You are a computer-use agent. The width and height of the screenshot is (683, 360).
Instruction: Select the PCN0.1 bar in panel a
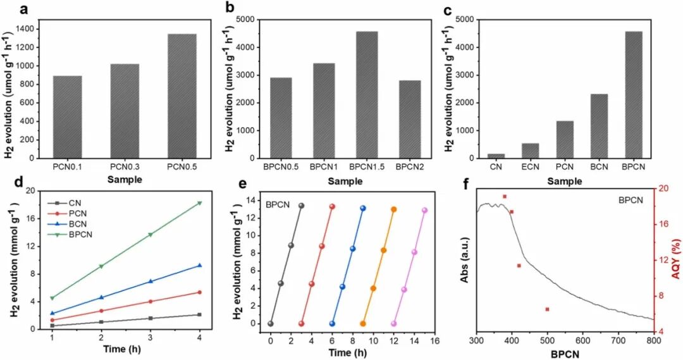coord(67,117)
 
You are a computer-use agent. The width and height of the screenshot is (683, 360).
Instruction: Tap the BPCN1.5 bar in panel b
coord(362,95)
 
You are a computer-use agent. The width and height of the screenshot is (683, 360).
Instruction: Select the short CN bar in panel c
coord(496,156)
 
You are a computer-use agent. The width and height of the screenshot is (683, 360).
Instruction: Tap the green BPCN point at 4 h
coord(200,203)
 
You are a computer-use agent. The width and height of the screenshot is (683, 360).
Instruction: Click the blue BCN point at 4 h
coord(200,266)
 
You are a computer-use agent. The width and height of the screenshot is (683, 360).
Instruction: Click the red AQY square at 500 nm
coord(547,309)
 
